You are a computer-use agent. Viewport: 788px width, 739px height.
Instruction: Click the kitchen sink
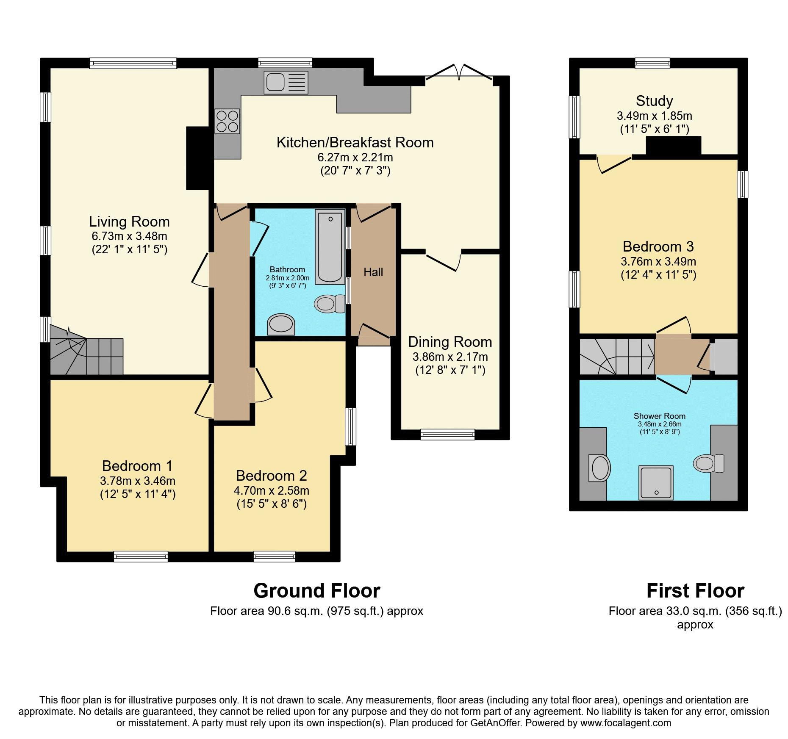pyautogui.click(x=286, y=82)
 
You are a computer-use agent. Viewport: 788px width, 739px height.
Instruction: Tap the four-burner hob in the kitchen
pyautogui.click(x=227, y=122)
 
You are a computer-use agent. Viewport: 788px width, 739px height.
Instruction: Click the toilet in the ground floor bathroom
pyautogui.click(x=330, y=304)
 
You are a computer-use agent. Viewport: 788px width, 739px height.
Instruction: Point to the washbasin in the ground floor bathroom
pyautogui.click(x=281, y=324)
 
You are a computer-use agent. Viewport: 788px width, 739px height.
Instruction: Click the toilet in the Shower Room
pyautogui.click(x=709, y=463)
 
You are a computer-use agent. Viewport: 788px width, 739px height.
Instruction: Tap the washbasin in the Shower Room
pyautogui.click(x=599, y=468)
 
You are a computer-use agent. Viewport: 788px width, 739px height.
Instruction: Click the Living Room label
pyautogui.click(x=129, y=221)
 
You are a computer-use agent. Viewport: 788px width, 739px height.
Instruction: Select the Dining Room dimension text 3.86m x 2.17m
pyautogui.click(x=450, y=357)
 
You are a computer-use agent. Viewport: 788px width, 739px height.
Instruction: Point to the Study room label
pyautogui.click(x=654, y=101)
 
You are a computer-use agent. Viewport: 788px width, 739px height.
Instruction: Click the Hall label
pyautogui.click(x=373, y=272)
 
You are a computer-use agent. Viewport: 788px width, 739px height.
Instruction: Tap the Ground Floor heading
pyautogui.click(x=317, y=591)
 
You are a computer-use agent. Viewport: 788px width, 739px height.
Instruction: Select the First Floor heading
pyautogui.click(x=695, y=591)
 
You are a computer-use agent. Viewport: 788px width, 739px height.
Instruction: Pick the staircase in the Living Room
pyautogui.click(x=87, y=350)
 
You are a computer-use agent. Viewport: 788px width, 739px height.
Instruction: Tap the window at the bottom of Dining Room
pyautogui.click(x=448, y=434)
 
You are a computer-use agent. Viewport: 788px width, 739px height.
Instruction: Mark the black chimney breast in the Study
pyautogui.click(x=674, y=146)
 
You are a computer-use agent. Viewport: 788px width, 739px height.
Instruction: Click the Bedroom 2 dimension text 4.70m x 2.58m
pyautogui.click(x=271, y=491)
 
